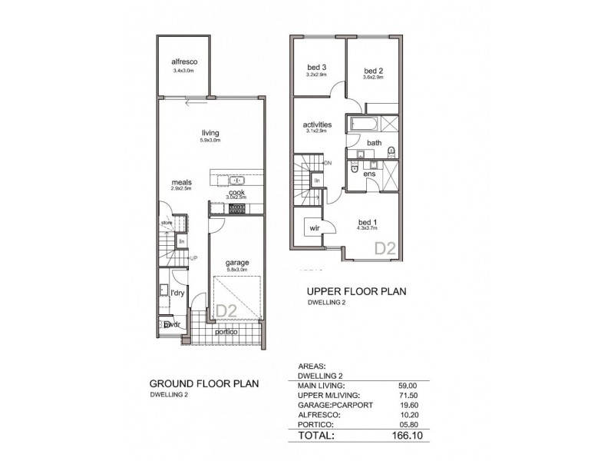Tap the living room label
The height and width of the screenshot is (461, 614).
[210, 133]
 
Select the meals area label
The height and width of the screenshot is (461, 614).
[181, 182]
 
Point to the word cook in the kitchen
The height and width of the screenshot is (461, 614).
[237, 193]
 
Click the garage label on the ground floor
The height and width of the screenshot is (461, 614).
[237, 263]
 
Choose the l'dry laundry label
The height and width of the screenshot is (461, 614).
[178, 294]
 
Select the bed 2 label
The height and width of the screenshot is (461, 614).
[375, 69]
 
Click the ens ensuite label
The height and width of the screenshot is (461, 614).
[369, 174]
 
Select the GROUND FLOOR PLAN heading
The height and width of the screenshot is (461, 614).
[203, 383]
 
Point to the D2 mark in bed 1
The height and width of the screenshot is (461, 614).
[384, 248]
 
